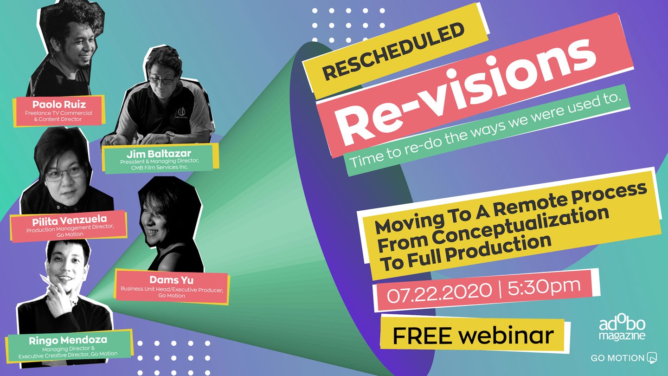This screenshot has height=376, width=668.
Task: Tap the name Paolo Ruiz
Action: click(x=59, y=104)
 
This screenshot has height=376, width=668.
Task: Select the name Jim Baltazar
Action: click(x=159, y=154)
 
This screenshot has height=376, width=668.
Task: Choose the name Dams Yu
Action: click(x=172, y=280)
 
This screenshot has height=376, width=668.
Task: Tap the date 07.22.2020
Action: click(x=439, y=292)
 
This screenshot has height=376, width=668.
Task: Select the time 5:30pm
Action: click(x=544, y=286)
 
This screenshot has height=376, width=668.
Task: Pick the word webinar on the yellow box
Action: click(x=506, y=335)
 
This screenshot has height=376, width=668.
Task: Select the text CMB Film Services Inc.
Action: click(x=160, y=168)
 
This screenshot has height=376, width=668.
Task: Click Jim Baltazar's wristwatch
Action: click(x=170, y=136)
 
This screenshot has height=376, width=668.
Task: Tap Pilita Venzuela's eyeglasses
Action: click(x=65, y=174)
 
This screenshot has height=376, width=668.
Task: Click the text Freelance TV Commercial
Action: click(x=58, y=113)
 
